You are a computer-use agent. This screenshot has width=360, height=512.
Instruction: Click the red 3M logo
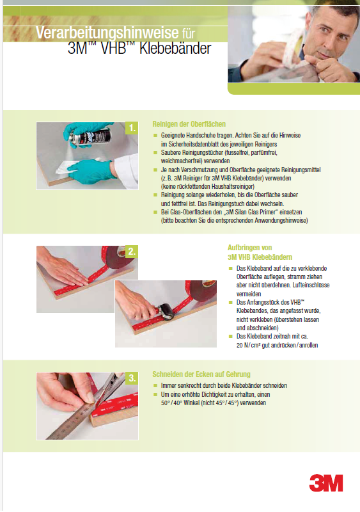[325, 483]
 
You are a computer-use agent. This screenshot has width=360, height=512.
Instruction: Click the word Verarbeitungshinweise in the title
[107, 33]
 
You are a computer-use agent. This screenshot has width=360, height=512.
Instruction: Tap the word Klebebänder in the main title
[175, 49]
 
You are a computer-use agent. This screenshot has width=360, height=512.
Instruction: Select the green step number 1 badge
[132, 128]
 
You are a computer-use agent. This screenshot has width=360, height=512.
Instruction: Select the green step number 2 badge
[132, 252]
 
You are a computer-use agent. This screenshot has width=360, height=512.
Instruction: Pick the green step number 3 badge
[132, 378]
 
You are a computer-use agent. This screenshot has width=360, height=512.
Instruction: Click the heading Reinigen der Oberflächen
[189, 124]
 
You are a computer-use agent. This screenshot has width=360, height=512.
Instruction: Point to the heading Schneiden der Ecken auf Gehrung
[201, 374]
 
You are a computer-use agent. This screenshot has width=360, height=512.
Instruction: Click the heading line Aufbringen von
[249, 248]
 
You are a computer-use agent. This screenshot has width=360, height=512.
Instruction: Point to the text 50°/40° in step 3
[171, 403]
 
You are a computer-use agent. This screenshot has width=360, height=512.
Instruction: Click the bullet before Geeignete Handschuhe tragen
[155, 135]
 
